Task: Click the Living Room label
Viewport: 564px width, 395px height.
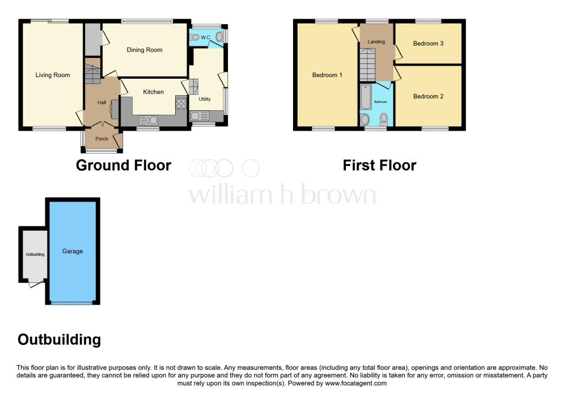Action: click(53, 75)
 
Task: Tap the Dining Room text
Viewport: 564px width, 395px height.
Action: click(144, 50)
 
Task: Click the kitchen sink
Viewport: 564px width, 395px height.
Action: click(149, 120)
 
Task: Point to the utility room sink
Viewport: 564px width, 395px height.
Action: click(199, 116)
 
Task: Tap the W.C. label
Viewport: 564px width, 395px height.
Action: click(206, 37)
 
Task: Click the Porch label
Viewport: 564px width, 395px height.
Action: click(102, 139)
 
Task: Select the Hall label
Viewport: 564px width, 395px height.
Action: click(102, 103)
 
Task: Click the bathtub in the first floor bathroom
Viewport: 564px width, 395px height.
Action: click(366, 97)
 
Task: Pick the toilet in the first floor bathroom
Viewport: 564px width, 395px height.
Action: click(383, 118)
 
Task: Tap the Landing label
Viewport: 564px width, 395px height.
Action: click(377, 42)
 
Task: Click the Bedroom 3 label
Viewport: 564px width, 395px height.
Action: click(428, 44)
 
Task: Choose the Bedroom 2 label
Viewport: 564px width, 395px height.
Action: click(428, 96)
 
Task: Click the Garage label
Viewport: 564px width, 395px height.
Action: click(72, 251)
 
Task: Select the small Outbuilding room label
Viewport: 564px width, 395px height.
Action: click(35, 255)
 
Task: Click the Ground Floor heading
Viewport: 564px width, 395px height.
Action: click(123, 165)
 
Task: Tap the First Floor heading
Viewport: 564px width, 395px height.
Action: click(379, 165)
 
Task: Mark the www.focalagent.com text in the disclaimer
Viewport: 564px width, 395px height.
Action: click(356, 383)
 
